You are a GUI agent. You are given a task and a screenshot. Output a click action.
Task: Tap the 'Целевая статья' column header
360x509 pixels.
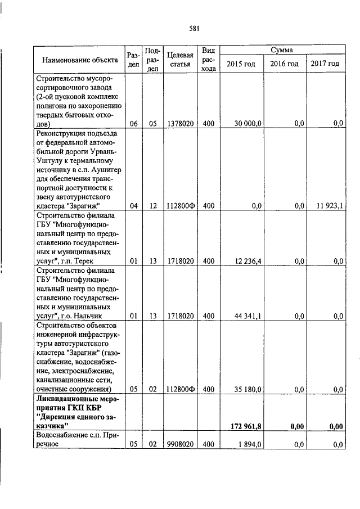pyautogui.click(x=181, y=60)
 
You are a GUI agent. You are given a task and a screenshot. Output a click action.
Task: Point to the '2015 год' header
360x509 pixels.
pyautogui.click(x=241, y=64)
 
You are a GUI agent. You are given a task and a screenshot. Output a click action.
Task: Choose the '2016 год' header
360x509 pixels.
pyautogui.click(x=284, y=64)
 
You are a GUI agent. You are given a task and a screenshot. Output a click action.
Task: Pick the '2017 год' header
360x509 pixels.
pyautogui.click(x=325, y=64)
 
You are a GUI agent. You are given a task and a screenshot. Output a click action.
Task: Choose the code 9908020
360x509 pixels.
pyautogui.click(x=181, y=445)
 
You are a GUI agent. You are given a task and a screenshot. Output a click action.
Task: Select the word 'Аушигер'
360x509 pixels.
pyautogui.click(x=103, y=170)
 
